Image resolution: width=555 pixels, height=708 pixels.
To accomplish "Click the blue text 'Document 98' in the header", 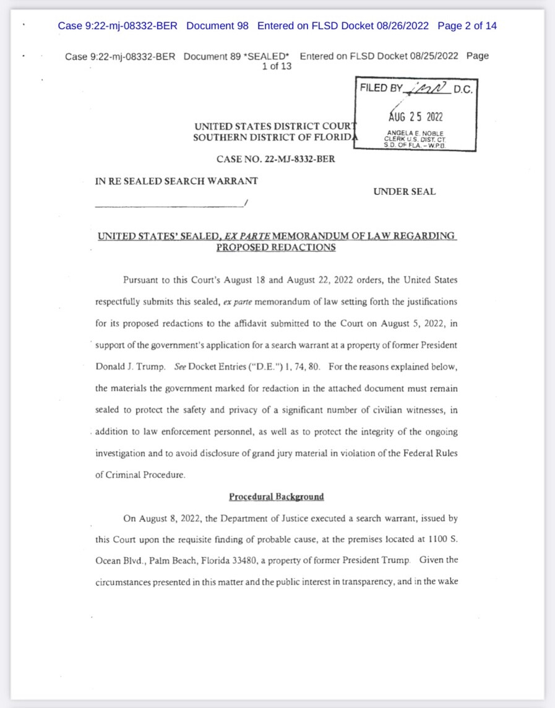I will click(x=217, y=26).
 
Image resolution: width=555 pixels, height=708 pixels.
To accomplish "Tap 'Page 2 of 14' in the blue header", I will click(x=467, y=26).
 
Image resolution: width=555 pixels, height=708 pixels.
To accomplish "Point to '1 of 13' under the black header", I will click(x=277, y=67).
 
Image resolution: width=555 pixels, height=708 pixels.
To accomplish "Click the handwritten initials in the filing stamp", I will click(x=428, y=89).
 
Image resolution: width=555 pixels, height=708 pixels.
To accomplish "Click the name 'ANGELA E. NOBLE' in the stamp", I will click(x=415, y=133).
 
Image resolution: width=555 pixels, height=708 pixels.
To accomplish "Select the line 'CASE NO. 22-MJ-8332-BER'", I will click(x=276, y=159).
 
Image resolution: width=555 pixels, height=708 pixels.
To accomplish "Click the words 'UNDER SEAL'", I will click(x=404, y=192).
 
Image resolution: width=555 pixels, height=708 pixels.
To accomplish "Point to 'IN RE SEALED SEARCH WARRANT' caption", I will click(x=176, y=181).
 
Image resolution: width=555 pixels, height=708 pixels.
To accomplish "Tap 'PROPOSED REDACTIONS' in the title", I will click(x=276, y=247).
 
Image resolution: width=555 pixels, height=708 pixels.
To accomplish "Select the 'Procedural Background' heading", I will click(x=276, y=496).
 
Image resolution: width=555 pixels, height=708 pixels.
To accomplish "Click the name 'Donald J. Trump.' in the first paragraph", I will click(x=131, y=366).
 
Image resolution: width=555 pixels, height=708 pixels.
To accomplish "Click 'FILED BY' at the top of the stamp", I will click(x=381, y=88).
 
